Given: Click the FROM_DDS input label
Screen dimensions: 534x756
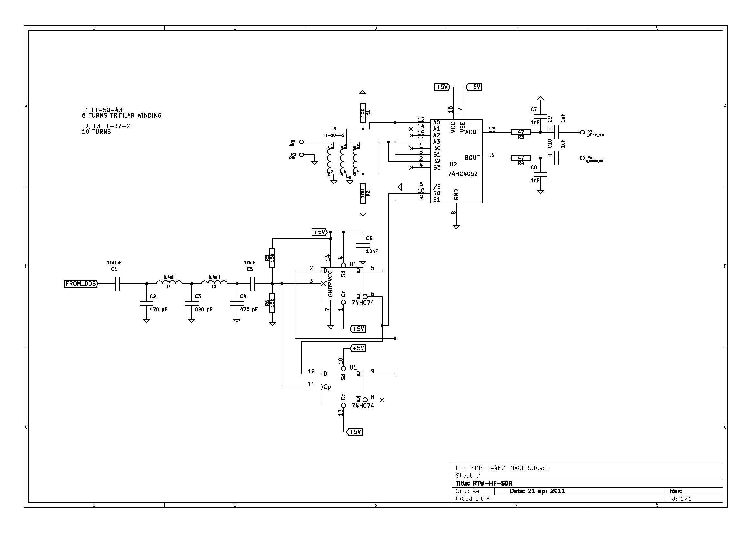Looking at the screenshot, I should coord(81,284).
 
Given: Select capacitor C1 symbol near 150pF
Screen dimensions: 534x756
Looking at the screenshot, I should coord(117,284).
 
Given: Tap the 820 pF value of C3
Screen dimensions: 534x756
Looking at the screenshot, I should coord(203,310).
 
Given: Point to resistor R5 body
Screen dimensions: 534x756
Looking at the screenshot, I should coord(272,258).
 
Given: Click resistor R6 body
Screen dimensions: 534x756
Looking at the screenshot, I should coord(272,303).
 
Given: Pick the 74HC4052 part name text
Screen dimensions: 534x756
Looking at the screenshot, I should coord(462,174).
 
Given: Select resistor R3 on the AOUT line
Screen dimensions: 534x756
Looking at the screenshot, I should coord(521,132).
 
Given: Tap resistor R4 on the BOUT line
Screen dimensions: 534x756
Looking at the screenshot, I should coord(521,158).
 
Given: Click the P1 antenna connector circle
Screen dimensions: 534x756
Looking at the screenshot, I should coord(301,142).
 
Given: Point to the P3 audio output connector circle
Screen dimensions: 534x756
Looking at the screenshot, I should coord(582,132).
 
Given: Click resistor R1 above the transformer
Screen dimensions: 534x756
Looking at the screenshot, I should coord(363,113).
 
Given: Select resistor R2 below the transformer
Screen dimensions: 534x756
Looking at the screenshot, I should coord(363,194).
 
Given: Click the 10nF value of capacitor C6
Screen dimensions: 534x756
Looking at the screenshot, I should coord(372,252).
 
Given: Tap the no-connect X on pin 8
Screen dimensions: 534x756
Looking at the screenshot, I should coord(382,400).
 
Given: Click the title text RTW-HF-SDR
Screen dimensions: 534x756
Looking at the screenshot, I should coord(493,483).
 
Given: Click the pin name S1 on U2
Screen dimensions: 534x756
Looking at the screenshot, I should coord(437,200).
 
